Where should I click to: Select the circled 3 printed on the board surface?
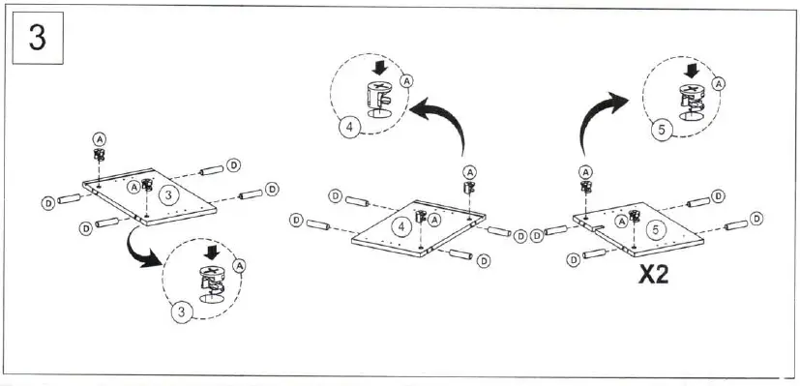(169, 194)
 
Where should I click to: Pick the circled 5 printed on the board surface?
(654, 230)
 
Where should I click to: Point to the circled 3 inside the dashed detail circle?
(180, 312)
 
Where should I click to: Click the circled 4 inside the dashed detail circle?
(349, 125)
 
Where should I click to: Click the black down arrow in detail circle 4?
(379, 68)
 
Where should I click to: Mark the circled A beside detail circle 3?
(239, 264)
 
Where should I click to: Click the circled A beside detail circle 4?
(406, 81)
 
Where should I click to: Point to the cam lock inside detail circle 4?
(378, 98)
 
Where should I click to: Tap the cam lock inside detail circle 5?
(691, 99)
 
